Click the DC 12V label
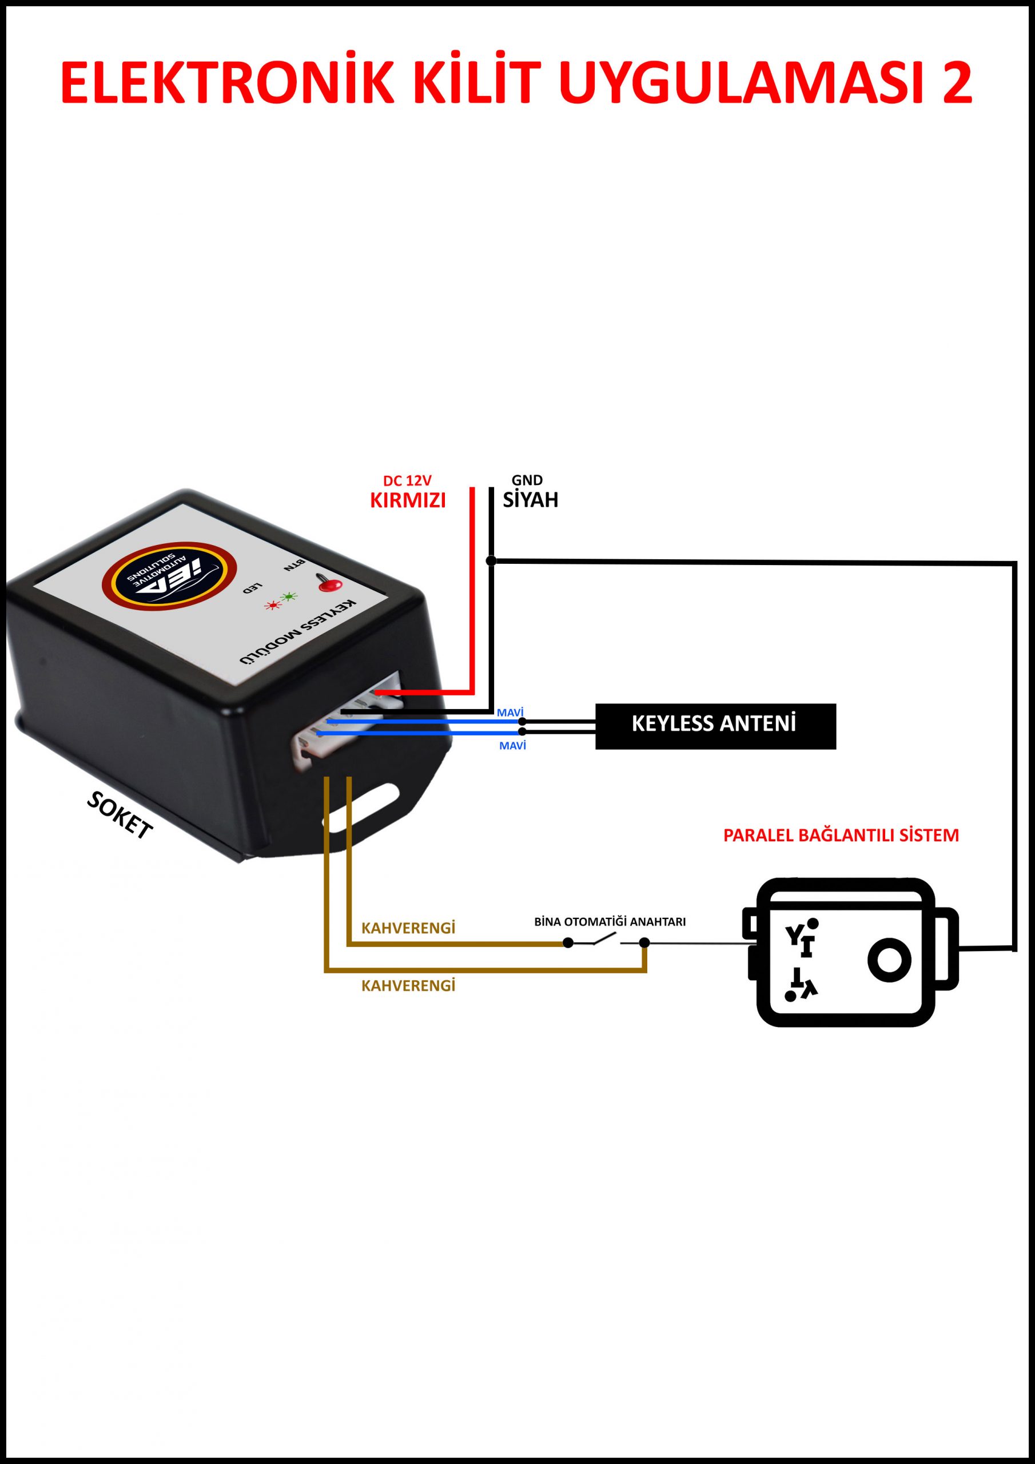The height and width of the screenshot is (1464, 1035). tap(407, 481)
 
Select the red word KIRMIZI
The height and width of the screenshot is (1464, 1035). tap(408, 500)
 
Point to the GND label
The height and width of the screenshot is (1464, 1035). tap(527, 480)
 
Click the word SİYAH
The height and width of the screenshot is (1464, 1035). tap(530, 500)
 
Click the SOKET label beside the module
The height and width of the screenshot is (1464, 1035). tap(120, 816)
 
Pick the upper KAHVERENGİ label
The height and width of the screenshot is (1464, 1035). tap(408, 928)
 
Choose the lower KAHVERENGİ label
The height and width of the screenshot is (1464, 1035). tap(408, 986)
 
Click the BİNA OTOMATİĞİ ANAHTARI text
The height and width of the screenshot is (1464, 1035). tap(610, 922)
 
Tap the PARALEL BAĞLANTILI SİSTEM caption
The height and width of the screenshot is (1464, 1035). tap(841, 836)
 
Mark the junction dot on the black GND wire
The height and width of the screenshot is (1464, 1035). tap(491, 560)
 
